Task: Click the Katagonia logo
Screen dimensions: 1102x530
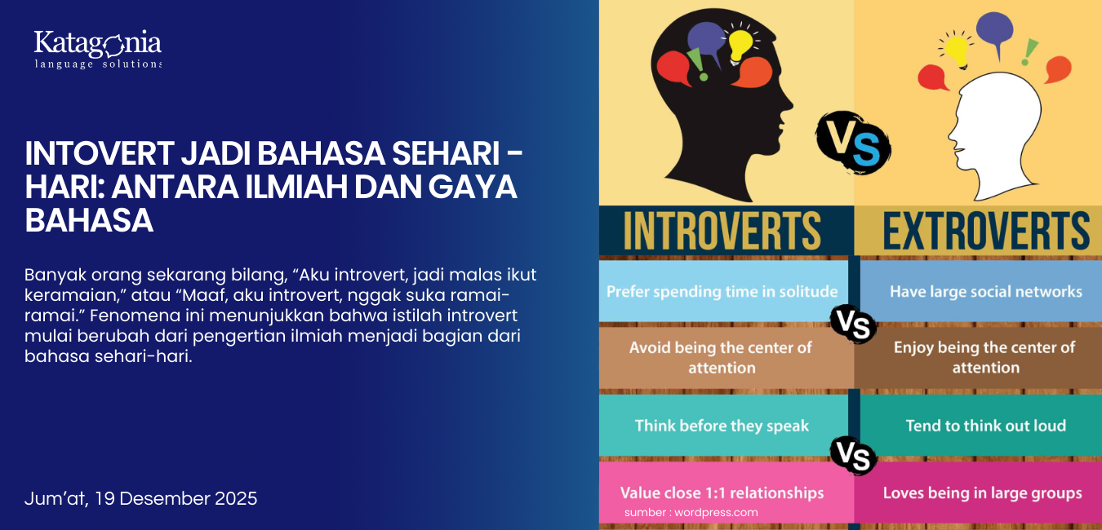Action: click(x=97, y=49)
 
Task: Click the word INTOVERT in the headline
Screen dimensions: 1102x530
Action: click(x=100, y=153)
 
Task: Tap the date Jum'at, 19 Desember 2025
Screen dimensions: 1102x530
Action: click(x=140, y=498)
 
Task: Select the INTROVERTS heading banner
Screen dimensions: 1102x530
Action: click(x=727, y=231)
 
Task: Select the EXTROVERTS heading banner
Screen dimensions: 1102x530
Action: click(x=978, y=231)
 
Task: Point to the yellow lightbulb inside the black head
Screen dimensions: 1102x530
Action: click(x=740, y=44)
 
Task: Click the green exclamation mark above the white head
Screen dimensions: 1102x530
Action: click(x=1029, y=52)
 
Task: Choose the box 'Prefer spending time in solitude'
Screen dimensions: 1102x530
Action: click(x=723, y=291)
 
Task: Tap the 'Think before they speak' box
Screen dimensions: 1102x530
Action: click(x=723, y=426)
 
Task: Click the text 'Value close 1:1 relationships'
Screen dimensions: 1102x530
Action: click(x=722, y=492)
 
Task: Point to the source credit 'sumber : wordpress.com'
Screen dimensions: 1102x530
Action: click(x=691, y=512)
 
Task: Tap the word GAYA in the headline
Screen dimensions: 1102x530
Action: click(x=473, y=187)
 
